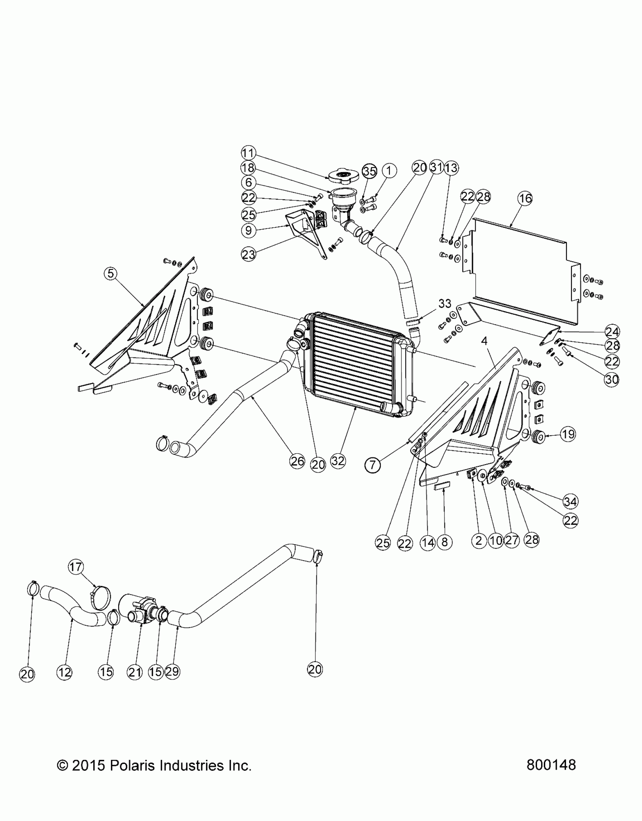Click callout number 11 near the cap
coord(248,153)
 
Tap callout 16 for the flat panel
coord(525,198)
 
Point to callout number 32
coord(338,461)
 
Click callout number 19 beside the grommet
coord(568,434)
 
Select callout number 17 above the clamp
coord(76,577)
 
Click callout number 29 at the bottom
coord(172,672)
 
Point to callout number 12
coord(64,672)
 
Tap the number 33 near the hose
coord(444,303)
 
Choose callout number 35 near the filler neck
coord(369,171)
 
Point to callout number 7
coord(373,465)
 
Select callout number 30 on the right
coord(612,379)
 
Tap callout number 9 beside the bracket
coord(248,230)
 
